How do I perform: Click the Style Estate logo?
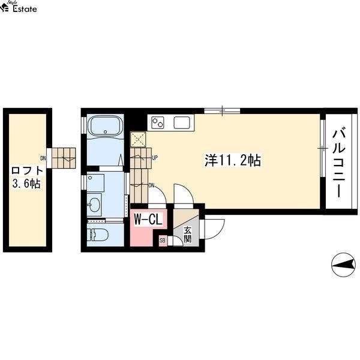point(19,7)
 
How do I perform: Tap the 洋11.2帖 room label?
point(233,160)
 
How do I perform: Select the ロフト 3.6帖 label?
point(28,177)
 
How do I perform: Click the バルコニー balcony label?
point(339,162)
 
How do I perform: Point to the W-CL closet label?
point(148,219)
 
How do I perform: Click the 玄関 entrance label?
point(188,235)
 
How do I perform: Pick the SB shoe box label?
point(163,241)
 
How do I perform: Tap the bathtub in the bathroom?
point(106,126)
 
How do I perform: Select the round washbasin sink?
point(94,205)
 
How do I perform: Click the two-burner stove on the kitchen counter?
point(158,122)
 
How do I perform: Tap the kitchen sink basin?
point(182,122)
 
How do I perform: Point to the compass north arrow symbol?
point(343,265)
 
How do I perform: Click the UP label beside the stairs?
point(155,158)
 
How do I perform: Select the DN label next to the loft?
point(43,158)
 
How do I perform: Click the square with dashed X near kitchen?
point(138,139)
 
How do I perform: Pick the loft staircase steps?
point(64,158)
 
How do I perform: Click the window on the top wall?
point(222,111)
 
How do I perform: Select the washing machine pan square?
point(96,183)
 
